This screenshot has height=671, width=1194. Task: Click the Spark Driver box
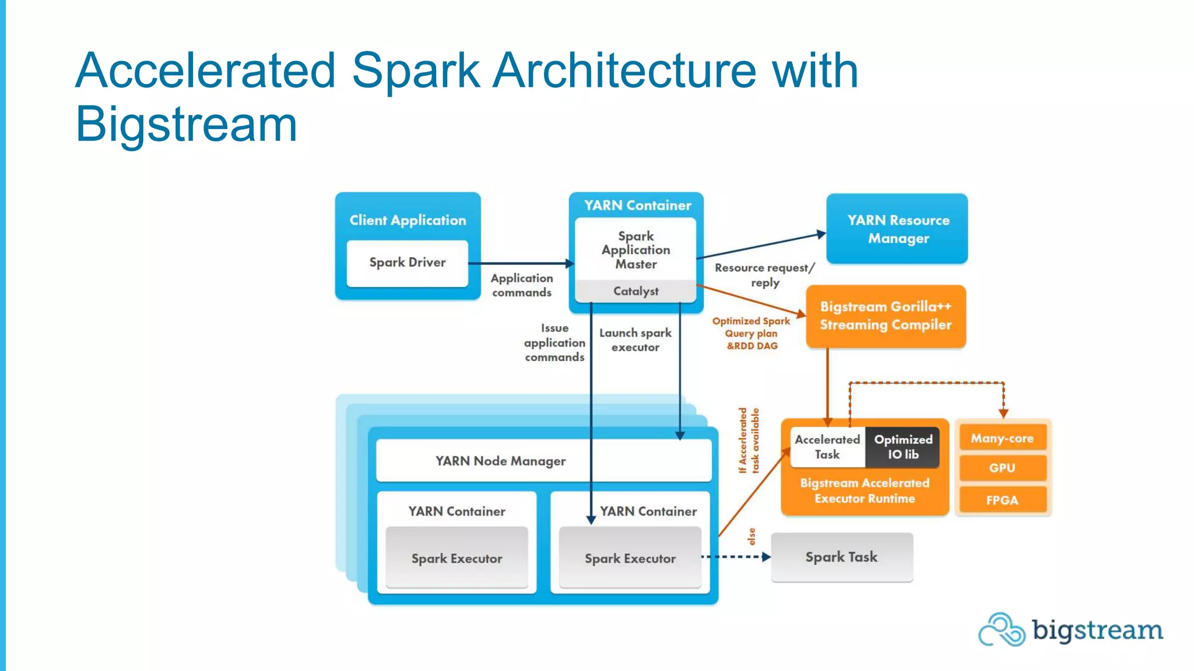407,263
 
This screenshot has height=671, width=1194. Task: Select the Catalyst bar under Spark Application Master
635,291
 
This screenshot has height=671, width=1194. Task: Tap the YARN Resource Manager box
897,229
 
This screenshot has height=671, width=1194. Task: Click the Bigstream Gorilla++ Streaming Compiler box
886,316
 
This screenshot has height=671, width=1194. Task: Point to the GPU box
1002,468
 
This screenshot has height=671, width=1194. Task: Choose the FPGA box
1002,500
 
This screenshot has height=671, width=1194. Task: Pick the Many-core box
1002,438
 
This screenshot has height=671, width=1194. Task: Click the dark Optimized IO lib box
902,447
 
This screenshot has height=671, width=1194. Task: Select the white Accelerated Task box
827,447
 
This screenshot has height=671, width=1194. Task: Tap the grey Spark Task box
841,557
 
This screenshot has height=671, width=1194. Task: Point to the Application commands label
522,285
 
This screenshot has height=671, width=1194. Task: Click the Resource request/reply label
764,275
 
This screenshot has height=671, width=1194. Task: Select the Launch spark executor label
635,340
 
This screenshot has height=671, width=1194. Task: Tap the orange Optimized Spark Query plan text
751,333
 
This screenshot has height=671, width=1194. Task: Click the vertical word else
751,536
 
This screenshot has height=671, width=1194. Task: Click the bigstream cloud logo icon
1001,630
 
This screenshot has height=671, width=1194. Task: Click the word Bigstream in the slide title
187,124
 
